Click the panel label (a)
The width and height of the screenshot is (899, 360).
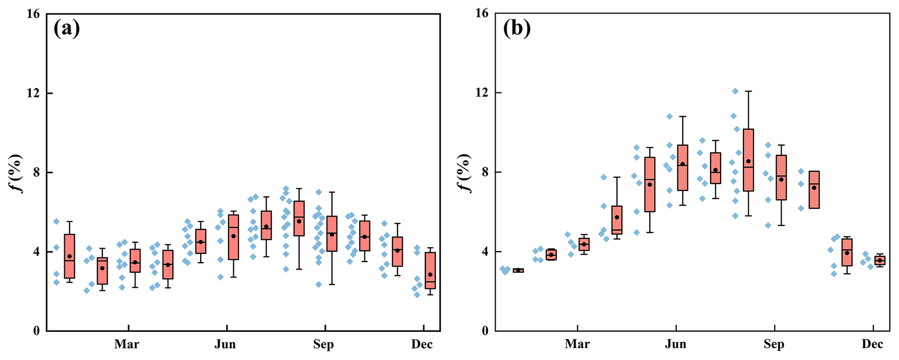tap(67, 29)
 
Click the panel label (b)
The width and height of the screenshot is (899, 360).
tap(517, 29)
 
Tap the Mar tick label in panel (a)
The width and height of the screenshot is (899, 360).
tap(127, 344)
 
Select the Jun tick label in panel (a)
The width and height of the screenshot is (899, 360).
tap(225, 344)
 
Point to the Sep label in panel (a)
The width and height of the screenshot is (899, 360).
tap(324, 344)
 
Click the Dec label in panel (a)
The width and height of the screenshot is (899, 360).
tap(422, 344)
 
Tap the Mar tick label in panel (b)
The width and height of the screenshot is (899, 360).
tap(577, 344)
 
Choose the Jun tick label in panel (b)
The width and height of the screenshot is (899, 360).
tap(675, 344)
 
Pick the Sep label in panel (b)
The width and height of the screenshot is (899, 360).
tap(774, 344)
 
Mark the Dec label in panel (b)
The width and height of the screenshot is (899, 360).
tap(872, 344)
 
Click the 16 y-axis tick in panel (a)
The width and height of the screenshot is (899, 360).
tap(33, 14)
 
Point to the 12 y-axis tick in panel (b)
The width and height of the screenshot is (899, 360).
tap(483, 93)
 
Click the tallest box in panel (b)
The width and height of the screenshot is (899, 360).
tap(748, 160)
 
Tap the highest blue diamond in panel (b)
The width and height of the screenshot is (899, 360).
tap(735, 91)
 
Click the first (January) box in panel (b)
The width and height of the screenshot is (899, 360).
tap(518, 270)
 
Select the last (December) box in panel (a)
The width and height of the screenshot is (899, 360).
tap(430, 270)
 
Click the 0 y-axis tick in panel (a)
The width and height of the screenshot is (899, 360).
tap(37, 331)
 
